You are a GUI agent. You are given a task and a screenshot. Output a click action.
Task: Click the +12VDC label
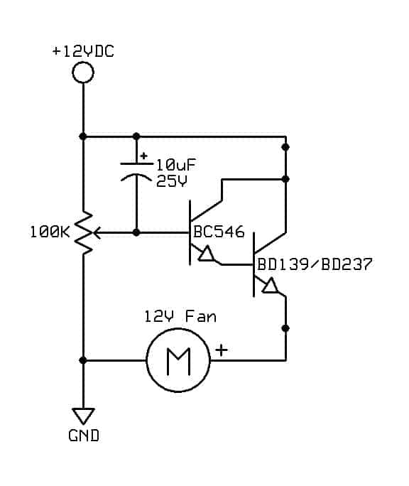click(83, 51)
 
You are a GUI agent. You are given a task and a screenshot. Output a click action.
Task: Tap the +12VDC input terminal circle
click(83, 72)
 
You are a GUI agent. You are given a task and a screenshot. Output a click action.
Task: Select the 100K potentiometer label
click(50, 232)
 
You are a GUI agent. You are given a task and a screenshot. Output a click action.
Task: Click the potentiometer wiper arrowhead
click(97, 232)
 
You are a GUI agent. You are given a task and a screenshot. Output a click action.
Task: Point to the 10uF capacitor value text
click(176, 165)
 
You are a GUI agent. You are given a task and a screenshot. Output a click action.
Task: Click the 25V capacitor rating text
click(172, 181)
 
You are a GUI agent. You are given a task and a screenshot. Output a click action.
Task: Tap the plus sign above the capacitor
click(143, 156)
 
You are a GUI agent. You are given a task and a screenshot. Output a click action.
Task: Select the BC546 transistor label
click(219, 232)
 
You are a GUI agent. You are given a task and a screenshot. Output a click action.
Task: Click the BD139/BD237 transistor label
click(315, 264)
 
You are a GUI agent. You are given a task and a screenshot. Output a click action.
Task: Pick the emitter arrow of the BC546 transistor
click(207, 254)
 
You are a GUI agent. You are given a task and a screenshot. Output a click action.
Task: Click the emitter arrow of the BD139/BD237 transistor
click(271, 286)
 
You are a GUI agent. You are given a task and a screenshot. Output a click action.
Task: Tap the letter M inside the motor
click(178, 361)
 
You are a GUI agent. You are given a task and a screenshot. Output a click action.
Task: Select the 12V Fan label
click(180, 316)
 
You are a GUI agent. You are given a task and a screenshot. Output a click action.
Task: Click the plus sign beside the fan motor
click(222, 350)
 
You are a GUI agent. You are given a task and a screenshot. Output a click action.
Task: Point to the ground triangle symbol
click(83, 416)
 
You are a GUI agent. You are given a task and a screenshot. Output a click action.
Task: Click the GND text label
click(84, 436)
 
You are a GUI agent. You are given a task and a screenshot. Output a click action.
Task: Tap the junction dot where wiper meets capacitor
click(136, 232)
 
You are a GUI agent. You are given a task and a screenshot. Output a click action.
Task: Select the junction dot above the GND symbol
click(83, 360)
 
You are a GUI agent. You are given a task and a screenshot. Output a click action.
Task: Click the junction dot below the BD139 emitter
click(285, 328)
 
